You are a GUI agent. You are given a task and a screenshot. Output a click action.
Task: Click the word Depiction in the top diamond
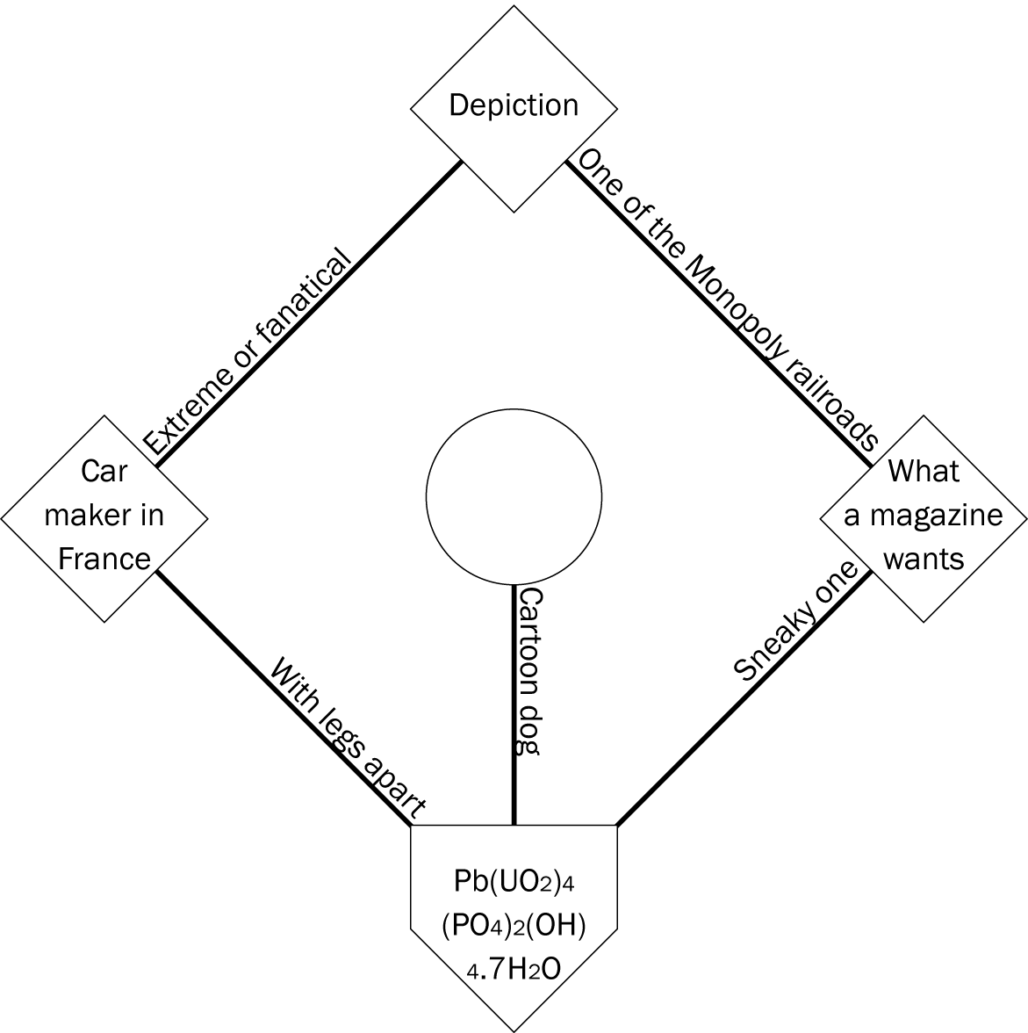(x=514, y=105)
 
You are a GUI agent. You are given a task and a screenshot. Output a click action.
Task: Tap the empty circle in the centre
(x=514, y=496)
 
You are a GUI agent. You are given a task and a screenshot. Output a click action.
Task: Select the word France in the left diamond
(x=104, y=559)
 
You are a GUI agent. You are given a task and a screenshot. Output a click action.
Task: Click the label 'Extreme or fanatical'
(x=247, y=351)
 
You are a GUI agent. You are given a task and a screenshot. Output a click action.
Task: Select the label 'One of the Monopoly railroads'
(x=728, y=300)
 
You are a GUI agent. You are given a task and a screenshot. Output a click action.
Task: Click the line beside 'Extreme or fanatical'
(x=308, y=311)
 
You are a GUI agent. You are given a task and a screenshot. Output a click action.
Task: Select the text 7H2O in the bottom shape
(x=525, y=969)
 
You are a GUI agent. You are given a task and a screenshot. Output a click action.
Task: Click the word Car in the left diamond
(x=104, y=472)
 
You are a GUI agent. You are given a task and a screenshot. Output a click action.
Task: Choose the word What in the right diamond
(x=924, y=471)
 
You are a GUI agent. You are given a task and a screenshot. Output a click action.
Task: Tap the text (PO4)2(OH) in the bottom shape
(x=514, y=925)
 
